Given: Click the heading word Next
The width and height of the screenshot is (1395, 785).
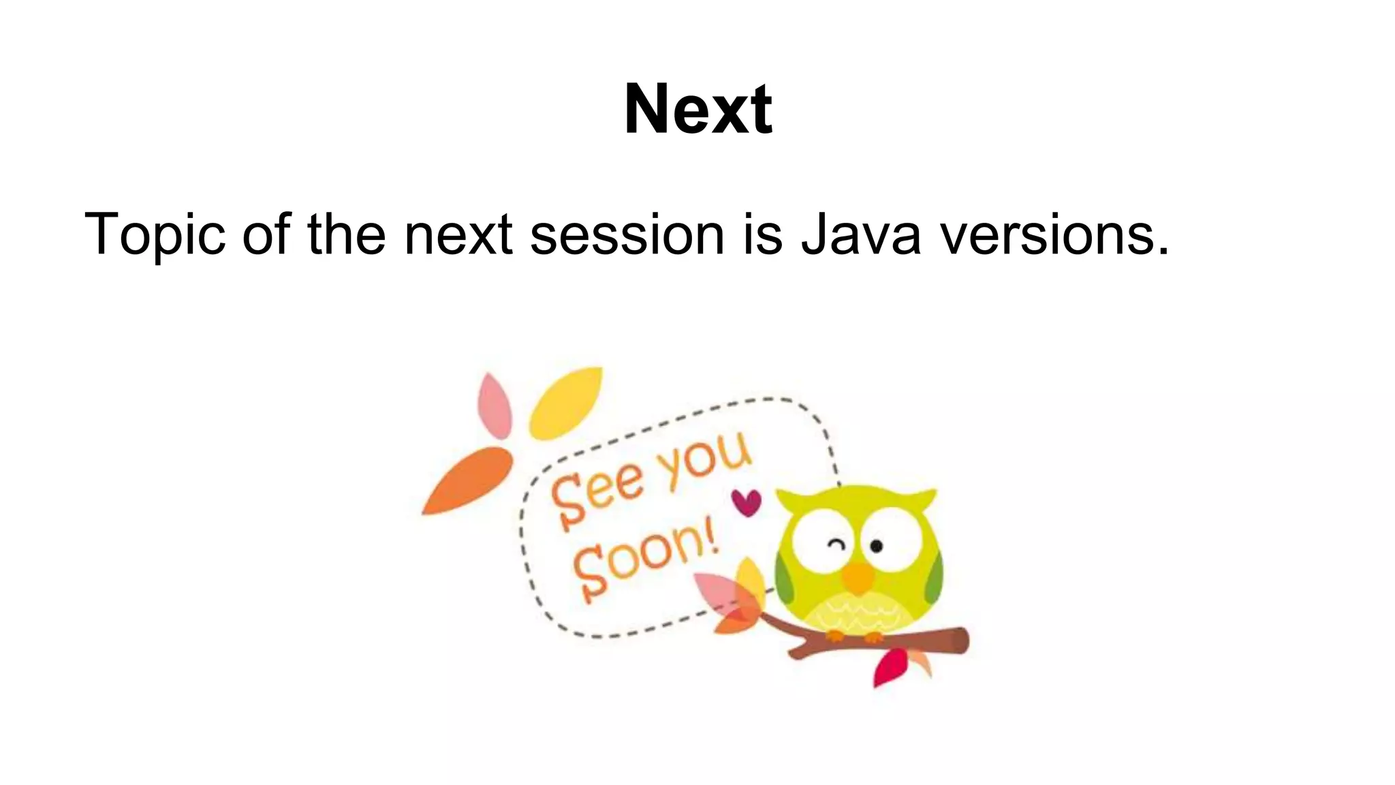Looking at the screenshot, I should [697, 109].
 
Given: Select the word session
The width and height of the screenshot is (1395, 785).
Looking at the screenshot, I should [627, 235].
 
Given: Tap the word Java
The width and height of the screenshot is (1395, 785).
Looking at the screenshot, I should [860, 235].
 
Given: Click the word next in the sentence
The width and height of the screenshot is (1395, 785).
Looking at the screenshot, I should [458, 235].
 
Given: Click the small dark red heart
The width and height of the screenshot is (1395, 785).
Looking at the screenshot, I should [747, 503].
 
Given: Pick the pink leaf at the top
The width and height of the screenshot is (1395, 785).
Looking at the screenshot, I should [495, 406].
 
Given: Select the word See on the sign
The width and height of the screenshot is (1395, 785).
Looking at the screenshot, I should [596, 493].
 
